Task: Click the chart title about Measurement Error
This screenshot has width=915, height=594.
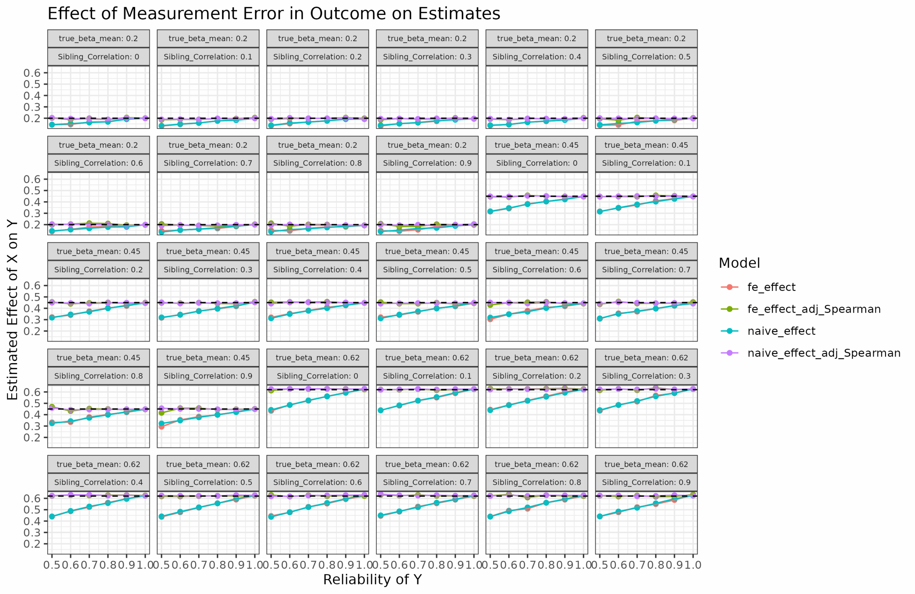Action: tap(274, 14)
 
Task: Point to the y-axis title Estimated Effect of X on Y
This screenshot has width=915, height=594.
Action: tap(13, 310)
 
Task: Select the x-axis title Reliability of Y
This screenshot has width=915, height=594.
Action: tap(372, 579)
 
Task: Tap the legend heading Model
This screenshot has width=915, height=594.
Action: tap(739, 263)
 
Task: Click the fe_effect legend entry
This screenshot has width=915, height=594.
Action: tap(771, 287)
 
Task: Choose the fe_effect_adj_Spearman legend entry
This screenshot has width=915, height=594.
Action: tap(813, 309)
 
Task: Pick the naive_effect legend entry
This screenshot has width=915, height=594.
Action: tap(781, 331)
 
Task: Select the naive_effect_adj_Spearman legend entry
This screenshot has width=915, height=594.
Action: tap(823, 353)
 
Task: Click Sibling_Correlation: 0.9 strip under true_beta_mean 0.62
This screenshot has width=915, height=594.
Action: tap(646, 482)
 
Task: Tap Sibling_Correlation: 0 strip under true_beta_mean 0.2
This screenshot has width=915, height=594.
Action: tap(98, 57)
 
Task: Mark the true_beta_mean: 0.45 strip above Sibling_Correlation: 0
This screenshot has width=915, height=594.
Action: tap(536, 145)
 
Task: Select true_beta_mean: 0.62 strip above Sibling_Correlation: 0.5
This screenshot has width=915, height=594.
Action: tap(208, 464)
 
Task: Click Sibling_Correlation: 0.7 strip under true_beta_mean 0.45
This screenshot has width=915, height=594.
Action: tap(646, 270)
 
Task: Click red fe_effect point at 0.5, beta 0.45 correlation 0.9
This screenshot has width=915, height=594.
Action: tap(162, 427)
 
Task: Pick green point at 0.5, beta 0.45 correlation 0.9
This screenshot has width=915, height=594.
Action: tap(162, 413)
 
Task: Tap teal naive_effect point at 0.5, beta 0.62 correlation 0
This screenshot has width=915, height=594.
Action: tap(271, 410)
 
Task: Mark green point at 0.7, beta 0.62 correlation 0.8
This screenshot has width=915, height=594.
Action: tap(528, 497)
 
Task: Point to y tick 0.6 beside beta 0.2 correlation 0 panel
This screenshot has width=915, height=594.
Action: tap(32, 73)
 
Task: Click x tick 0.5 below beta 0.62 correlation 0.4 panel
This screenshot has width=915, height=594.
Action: tap(52, 565)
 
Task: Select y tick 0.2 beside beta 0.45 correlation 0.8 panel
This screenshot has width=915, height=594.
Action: tap(32, 437)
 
